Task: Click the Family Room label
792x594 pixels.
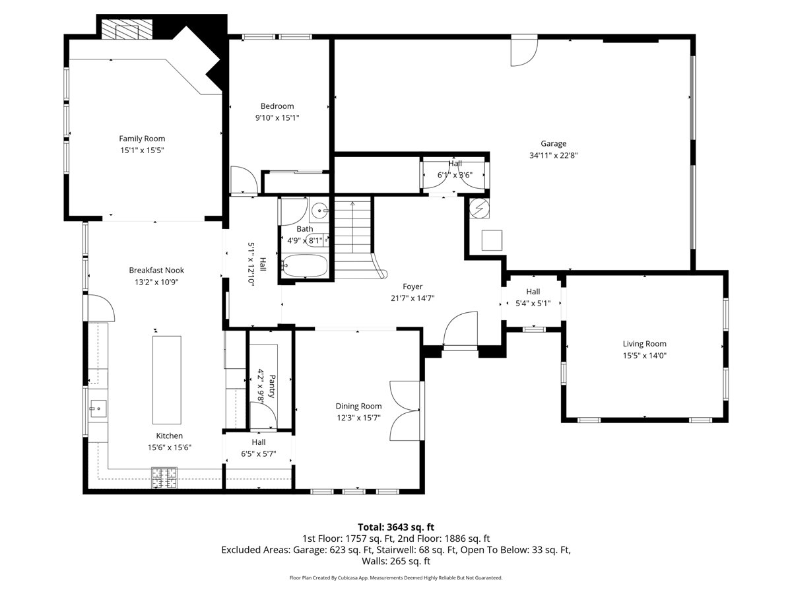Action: [142, 139]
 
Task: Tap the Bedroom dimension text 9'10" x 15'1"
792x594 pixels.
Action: [277, 117]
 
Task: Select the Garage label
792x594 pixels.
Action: [553, 143]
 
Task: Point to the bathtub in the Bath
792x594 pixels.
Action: [305, 266]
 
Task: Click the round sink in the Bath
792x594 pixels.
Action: [319, 209]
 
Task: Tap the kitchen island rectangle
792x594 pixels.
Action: [167, 379]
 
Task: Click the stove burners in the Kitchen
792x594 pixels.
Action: [164, 477]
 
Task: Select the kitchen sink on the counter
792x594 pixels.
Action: [98, 409]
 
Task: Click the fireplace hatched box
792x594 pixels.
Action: [126, 28]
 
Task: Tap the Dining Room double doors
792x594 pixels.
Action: [405, 411]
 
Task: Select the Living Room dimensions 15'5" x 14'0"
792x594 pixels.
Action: [644, 355]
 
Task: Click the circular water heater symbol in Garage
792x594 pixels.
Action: [479, 208]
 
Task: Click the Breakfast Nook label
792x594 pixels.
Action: [156, 270]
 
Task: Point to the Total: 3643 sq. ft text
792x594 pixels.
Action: [396, 527]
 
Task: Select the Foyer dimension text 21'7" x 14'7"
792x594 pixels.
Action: [412, 298]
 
